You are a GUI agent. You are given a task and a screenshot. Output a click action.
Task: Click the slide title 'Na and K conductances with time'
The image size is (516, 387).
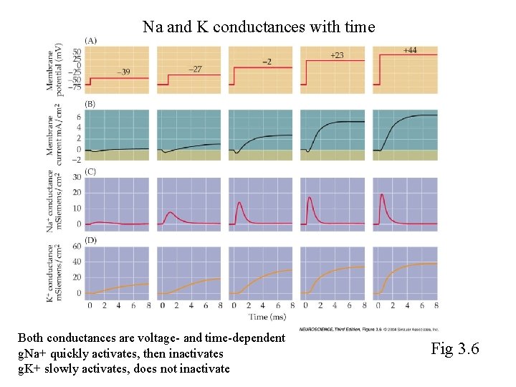pyautogui.click(x=258, y=27)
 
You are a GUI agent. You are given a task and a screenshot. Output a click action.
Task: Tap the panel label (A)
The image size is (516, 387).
pyautogui.click(x=92, y=41)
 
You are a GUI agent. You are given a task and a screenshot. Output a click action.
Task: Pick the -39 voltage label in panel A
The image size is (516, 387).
pyautogui.click(x=123, y=72)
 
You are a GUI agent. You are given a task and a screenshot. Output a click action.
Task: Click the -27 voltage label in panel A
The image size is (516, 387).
pyautogui.click(x=194, y=69)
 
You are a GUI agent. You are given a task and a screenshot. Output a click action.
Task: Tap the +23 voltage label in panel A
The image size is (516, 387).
pyautogui.click(x=337, y=54)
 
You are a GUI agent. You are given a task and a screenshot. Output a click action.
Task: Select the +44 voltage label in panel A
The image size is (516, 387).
pyautogui.click(x=410, y=50)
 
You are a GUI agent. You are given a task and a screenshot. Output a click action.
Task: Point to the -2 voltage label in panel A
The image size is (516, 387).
pyautogui.click(x=266, y=62)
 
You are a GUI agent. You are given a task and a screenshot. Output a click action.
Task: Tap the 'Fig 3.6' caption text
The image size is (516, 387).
pyautogui.click(x=454, y=349)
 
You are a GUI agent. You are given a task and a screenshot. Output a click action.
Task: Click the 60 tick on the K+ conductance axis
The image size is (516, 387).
pyautogui.click(x=77, y=246)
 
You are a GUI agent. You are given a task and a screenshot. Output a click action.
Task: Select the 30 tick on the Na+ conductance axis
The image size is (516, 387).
pyautogui.click(x=77, y=179)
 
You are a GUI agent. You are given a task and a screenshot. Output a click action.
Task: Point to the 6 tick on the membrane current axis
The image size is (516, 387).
pyautogui.click(x=77, y=116)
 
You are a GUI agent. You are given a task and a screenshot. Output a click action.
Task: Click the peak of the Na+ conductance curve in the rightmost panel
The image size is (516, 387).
pyautogui.click(x=382, y=194)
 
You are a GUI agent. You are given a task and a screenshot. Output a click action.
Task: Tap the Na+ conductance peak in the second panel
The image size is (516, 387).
pyautogui.click(x=168, y=212)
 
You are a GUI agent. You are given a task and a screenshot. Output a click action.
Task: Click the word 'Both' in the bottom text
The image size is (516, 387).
pyautogui.click(x=30, y=338)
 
